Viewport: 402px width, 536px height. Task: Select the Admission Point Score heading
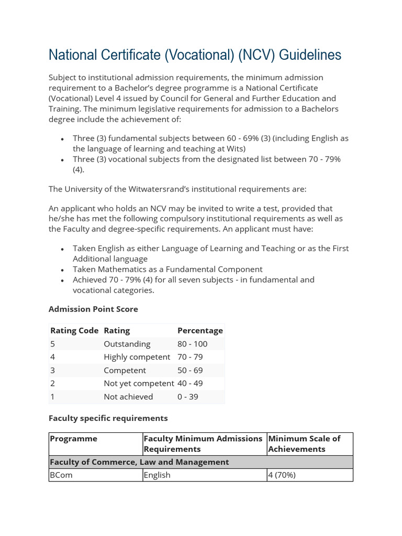(x=93, y=309)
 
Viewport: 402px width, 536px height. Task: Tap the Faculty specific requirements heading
(x=108, y=418)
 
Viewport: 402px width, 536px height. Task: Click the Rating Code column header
(x=74, y=330)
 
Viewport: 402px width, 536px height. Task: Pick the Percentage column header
(x=200, y=330)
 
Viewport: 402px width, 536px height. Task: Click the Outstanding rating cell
(x=127, y=344)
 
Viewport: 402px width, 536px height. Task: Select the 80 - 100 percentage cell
(x=192, y=344)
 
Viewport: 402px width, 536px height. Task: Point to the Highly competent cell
(x=137, y=357)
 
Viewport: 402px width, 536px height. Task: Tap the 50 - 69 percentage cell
(x=190, y=370)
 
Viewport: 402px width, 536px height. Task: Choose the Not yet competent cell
(x=139, y=383)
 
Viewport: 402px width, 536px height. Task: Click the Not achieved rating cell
(x=128, y=397)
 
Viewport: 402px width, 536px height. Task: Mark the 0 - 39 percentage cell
(x=188, y=397)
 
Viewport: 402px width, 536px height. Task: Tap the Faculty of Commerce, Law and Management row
(x=139, y=462)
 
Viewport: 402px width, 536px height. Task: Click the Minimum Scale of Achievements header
(x=304, y=444)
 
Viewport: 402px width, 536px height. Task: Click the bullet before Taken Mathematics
(x=63, y=270)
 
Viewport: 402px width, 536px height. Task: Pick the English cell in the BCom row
(x=157, y=475)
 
